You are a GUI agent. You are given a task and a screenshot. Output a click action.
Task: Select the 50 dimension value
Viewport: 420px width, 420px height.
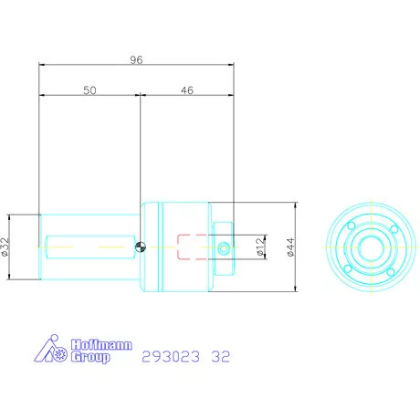click(89, 90)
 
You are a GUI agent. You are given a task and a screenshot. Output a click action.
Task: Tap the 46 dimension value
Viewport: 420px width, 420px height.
click(186, 90)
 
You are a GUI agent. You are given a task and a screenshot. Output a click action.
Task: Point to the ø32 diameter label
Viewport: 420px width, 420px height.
click(5, 247)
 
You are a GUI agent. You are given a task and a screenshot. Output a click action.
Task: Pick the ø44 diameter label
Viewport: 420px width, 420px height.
click(291, 247)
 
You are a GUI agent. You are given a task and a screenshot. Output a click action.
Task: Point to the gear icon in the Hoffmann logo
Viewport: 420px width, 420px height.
click(61, 353)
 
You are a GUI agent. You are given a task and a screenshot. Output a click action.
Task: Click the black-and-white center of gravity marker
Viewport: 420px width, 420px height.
click(140, 245)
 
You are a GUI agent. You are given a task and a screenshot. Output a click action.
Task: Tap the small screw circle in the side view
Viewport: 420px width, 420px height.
click(226, 246)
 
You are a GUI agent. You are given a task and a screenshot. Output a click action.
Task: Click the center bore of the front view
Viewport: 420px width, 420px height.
click(371, 247)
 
